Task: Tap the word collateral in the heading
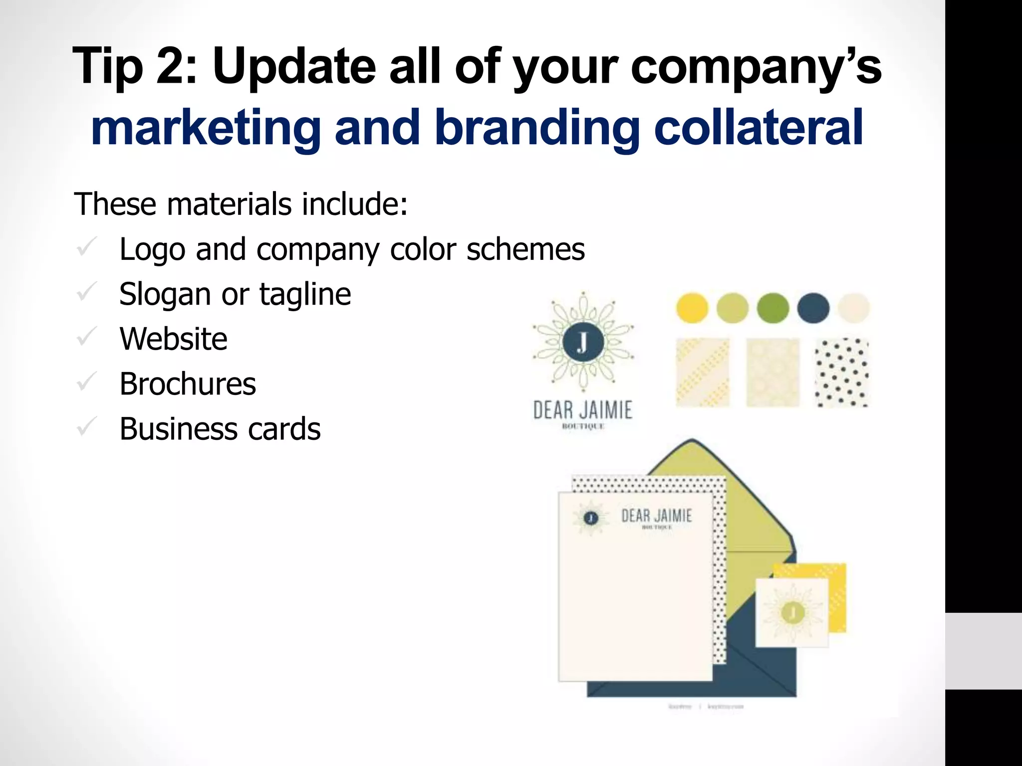click(x=758, y=128)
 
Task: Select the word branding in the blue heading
click(x=537, y=128)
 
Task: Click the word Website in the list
click(x=173, y=339)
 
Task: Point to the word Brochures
click(x=188, y=384)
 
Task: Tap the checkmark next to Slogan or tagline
click(x=87, y=293)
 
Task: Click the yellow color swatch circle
click(x=692, y=308)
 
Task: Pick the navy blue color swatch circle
click(x=813, y=308)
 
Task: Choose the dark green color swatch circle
click(x=772, y=308)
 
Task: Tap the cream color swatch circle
click(x=853, y=308)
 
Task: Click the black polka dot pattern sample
click(x=842, y=373)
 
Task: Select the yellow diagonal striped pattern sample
click(x=702, y=373)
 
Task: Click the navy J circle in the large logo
click(x=583, y=342)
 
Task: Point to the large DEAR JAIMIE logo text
click(x=583, y=410)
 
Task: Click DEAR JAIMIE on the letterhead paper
click(x=656, y=516)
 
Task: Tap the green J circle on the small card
click(x=792, y=612)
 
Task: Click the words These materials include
click(x=241, y=204)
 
